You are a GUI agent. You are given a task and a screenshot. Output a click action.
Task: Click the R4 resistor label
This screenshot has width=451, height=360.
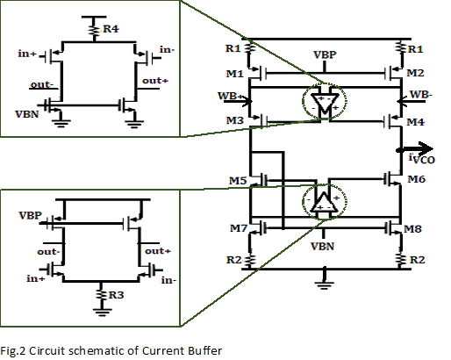point(111,29)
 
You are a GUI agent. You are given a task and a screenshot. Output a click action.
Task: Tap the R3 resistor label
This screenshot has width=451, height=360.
point(116,295)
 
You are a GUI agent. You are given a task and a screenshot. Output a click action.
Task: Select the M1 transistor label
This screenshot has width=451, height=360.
point(235,74)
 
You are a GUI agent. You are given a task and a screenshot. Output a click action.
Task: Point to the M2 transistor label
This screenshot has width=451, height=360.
point(415,73)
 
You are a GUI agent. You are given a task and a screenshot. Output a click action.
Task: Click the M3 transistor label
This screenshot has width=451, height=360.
point(235,120)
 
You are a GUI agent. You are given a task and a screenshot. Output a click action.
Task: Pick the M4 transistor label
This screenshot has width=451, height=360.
point(416,122)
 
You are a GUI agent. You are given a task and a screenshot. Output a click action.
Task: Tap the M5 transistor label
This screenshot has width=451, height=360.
point(238,181)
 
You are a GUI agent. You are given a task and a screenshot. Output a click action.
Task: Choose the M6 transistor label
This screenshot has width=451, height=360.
point(417,179)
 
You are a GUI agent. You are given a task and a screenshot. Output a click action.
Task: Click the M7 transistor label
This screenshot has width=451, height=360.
point(239,228)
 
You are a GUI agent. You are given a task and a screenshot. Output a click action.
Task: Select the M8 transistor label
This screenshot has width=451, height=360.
point(412,228)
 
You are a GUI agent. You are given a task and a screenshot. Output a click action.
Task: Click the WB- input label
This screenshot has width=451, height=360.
point(421,94)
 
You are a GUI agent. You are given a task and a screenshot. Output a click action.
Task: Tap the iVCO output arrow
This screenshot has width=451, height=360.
point(415,149)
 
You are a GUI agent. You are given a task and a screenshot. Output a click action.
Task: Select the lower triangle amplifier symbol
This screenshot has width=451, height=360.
point(324,202)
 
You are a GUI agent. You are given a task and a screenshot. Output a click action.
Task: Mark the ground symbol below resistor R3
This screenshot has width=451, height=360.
point(102,313)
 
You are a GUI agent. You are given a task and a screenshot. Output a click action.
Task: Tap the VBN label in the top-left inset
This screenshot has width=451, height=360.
point(27,114)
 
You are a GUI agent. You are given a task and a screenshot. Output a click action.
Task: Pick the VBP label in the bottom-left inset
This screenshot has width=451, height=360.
point(31,215)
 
